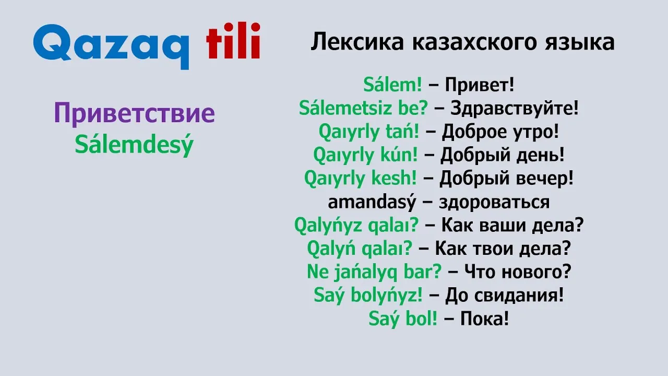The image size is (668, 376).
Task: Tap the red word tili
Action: tap(233, 40)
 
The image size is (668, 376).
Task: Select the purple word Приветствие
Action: tap(135, 114)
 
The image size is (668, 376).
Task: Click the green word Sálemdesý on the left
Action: tap(134, 145)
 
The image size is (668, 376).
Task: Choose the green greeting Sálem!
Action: tap(392, 85)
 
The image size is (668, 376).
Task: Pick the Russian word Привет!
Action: tap(480, 85)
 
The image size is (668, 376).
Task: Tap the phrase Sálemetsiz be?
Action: tap(363, 108)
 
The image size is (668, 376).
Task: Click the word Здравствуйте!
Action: tap(515, 108)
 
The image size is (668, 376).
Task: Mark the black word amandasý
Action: tap(372, 202)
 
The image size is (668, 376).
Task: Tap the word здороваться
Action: tap(494, 202)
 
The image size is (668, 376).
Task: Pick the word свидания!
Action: tap(519, 295)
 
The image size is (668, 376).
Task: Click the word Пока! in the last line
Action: tap(485, 319)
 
